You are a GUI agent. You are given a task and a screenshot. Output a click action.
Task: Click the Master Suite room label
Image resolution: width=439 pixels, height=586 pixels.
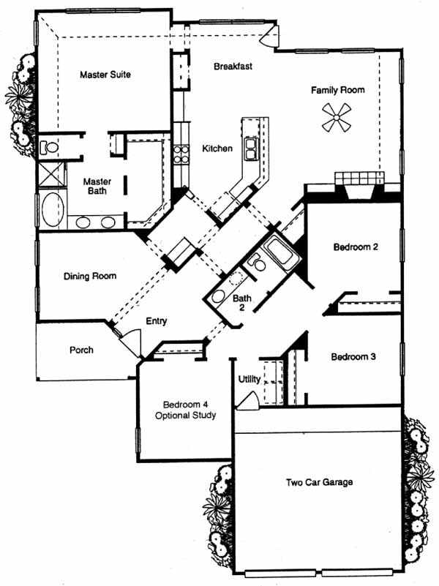pyautogui.click(x=105, y=74)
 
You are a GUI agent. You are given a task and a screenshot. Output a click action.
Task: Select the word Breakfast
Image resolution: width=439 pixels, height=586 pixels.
pyautogui.click(x=233, y=67)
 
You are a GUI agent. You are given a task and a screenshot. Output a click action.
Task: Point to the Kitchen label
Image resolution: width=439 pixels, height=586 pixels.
pyautogui.click(x=217, y=149)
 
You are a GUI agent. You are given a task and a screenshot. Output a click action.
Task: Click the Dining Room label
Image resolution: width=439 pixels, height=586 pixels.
pyautogui.click(x=90, y=276)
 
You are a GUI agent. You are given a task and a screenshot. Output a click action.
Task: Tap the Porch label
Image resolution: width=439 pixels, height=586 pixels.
pyautogui.click(x=81, y=350)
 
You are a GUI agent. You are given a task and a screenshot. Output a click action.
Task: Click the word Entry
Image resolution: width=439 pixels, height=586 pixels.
pyautogui.click(x=157, y=321)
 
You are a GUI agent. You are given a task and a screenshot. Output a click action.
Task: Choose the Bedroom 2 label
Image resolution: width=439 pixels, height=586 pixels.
pyautogui.click(x=356, y=247)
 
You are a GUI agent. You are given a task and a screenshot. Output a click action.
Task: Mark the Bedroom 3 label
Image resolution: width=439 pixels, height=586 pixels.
pyautogui.click(x=353, y=358)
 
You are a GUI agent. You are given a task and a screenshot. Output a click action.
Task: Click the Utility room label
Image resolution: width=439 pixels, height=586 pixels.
pyautogui.click(x=249, y=380)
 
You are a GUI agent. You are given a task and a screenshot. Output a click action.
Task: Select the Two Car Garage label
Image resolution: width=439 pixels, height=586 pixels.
pyautogui.click(x=319, y=482)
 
